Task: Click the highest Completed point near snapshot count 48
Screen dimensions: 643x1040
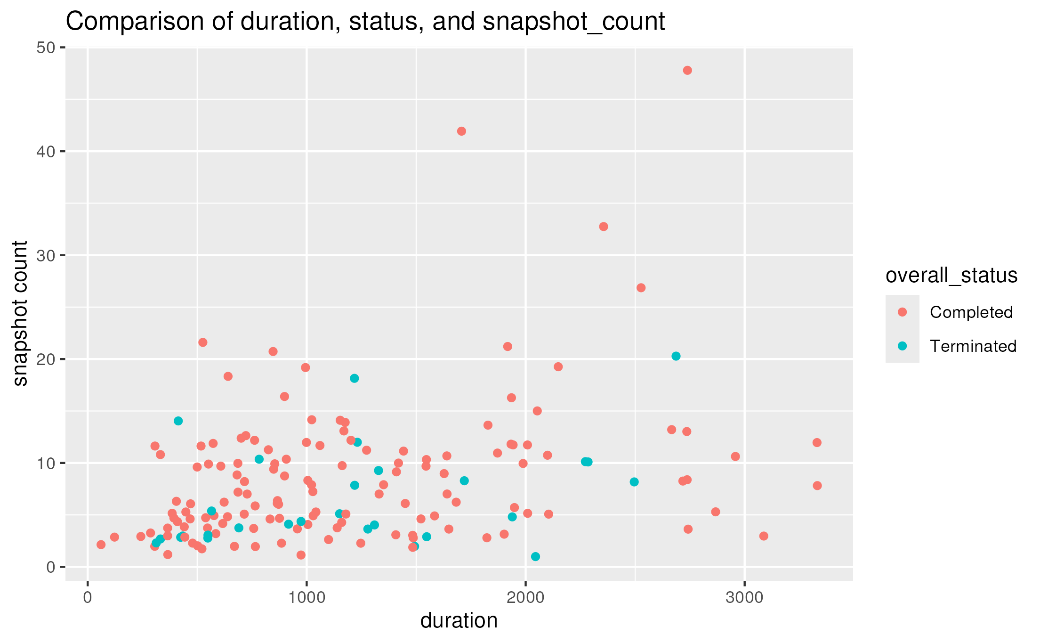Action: (x=687, y=71)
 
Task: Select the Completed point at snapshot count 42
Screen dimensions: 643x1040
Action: (x=461, y=131)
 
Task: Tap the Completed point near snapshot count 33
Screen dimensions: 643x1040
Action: (x=604, y=227)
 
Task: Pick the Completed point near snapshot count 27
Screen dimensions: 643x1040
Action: (x=641, y=288)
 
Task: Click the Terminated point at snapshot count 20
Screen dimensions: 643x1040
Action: (x=676, y=356)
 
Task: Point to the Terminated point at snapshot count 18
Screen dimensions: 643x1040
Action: (x=355, y=378)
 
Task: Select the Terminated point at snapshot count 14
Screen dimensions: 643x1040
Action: (x=178, y=421)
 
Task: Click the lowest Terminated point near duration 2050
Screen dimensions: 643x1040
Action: (x=535, y=556)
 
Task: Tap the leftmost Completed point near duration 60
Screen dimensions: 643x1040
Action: (x=101, y=545)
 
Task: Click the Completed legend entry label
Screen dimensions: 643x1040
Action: (x=971, y=312)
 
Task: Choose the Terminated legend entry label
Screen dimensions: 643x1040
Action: (x=973, y=346)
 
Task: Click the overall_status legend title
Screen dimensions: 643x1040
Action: (x=951, y=276)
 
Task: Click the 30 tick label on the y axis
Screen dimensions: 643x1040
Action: (x=45, y=255)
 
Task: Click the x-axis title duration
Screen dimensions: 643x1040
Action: (x=459, y=621)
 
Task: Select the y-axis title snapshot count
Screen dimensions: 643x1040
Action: (x=20, y=313)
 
